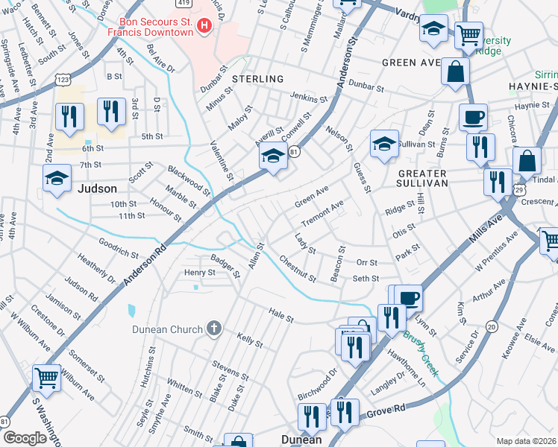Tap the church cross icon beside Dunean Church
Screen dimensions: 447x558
coord(213,329)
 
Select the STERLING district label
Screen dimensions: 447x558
coord(257,79)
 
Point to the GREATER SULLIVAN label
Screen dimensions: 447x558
coord(417,180)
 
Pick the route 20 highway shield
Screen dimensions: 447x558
coord(491,326)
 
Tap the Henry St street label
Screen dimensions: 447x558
coord(199,273)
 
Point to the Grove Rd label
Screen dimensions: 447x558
coord(389,408)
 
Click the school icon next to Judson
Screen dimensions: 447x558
coord(57,179)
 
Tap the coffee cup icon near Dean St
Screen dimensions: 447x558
coord(473,117)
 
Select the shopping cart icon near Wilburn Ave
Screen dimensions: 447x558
coord(47,378)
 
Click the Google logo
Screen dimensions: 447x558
coord(25,438)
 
